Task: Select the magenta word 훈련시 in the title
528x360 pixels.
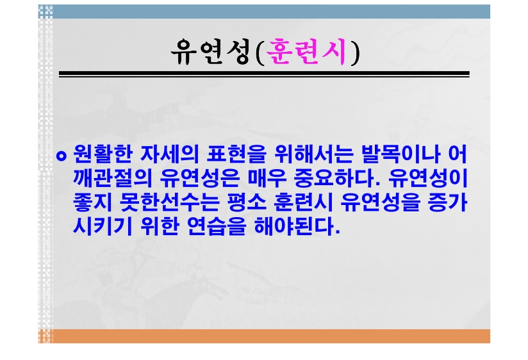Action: [x=306, y=51]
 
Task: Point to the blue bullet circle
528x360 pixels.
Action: [x=62, y=156]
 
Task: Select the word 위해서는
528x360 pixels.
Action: [x=314, y=154]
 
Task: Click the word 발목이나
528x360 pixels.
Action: [x=400, y=154]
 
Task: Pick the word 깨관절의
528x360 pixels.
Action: [x=113, y=178]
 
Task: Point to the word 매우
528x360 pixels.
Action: [x=267, y=178]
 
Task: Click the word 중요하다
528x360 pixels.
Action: [x=337, y=178]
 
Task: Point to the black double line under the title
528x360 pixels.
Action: [x=264, y=74]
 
